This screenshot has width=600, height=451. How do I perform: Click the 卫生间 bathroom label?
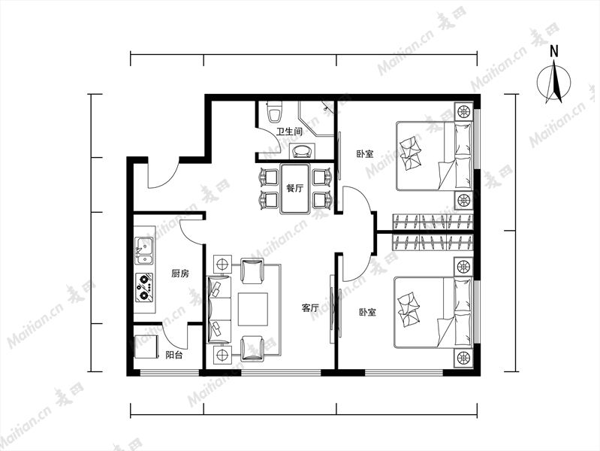coord(289,132)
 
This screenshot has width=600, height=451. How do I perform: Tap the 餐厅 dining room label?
coord(294,189)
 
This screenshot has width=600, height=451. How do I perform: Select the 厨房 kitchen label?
coord(180,274)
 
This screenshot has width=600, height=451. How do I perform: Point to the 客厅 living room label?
coord(310,307)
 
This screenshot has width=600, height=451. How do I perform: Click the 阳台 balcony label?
coord(174,356)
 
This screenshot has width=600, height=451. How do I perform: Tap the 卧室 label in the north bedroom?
coord(365,154)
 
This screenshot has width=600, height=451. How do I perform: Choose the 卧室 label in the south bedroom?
coord(367,312)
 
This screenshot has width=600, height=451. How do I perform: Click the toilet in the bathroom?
coord(274,110)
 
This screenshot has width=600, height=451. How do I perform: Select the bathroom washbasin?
coord(303,151)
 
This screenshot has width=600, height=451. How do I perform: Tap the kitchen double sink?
coord(145,251)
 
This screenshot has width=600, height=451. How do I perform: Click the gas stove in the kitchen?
coord(145,287)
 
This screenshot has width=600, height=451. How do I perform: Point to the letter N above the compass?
coord(554,51)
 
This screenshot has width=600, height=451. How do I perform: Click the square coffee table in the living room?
coord(253,309)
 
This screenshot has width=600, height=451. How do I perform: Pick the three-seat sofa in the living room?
coord(219,309)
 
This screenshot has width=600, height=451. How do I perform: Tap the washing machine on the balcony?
coord(146,347)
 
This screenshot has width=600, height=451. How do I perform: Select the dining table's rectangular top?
coord(294,189)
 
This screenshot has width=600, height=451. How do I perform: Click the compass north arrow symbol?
coord(553,83)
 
